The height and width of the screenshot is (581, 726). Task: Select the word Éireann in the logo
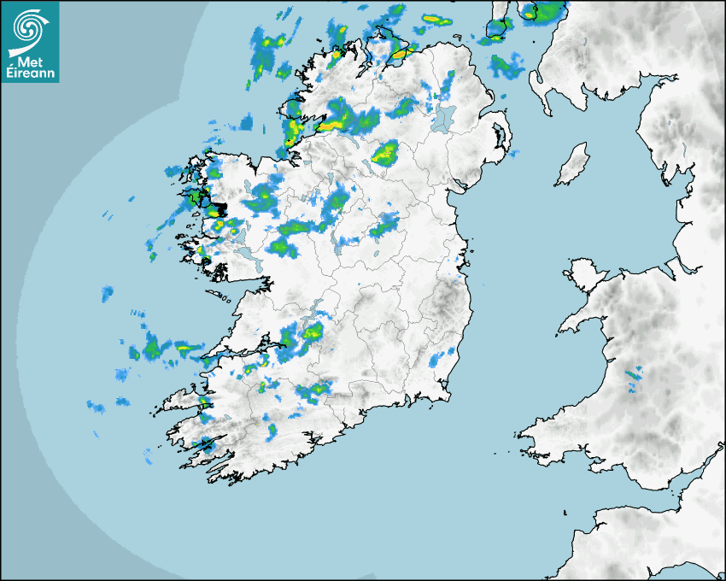[30, 74]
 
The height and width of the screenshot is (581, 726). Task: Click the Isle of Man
[572, 165]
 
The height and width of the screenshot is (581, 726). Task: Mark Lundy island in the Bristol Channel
[565, 512]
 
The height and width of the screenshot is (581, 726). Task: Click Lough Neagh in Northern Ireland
[443, 117]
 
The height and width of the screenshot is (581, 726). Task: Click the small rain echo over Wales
[633, 373]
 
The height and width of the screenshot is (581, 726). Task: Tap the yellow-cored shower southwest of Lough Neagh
[385, 154]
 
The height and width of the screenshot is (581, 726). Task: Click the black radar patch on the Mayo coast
[219, 208]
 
